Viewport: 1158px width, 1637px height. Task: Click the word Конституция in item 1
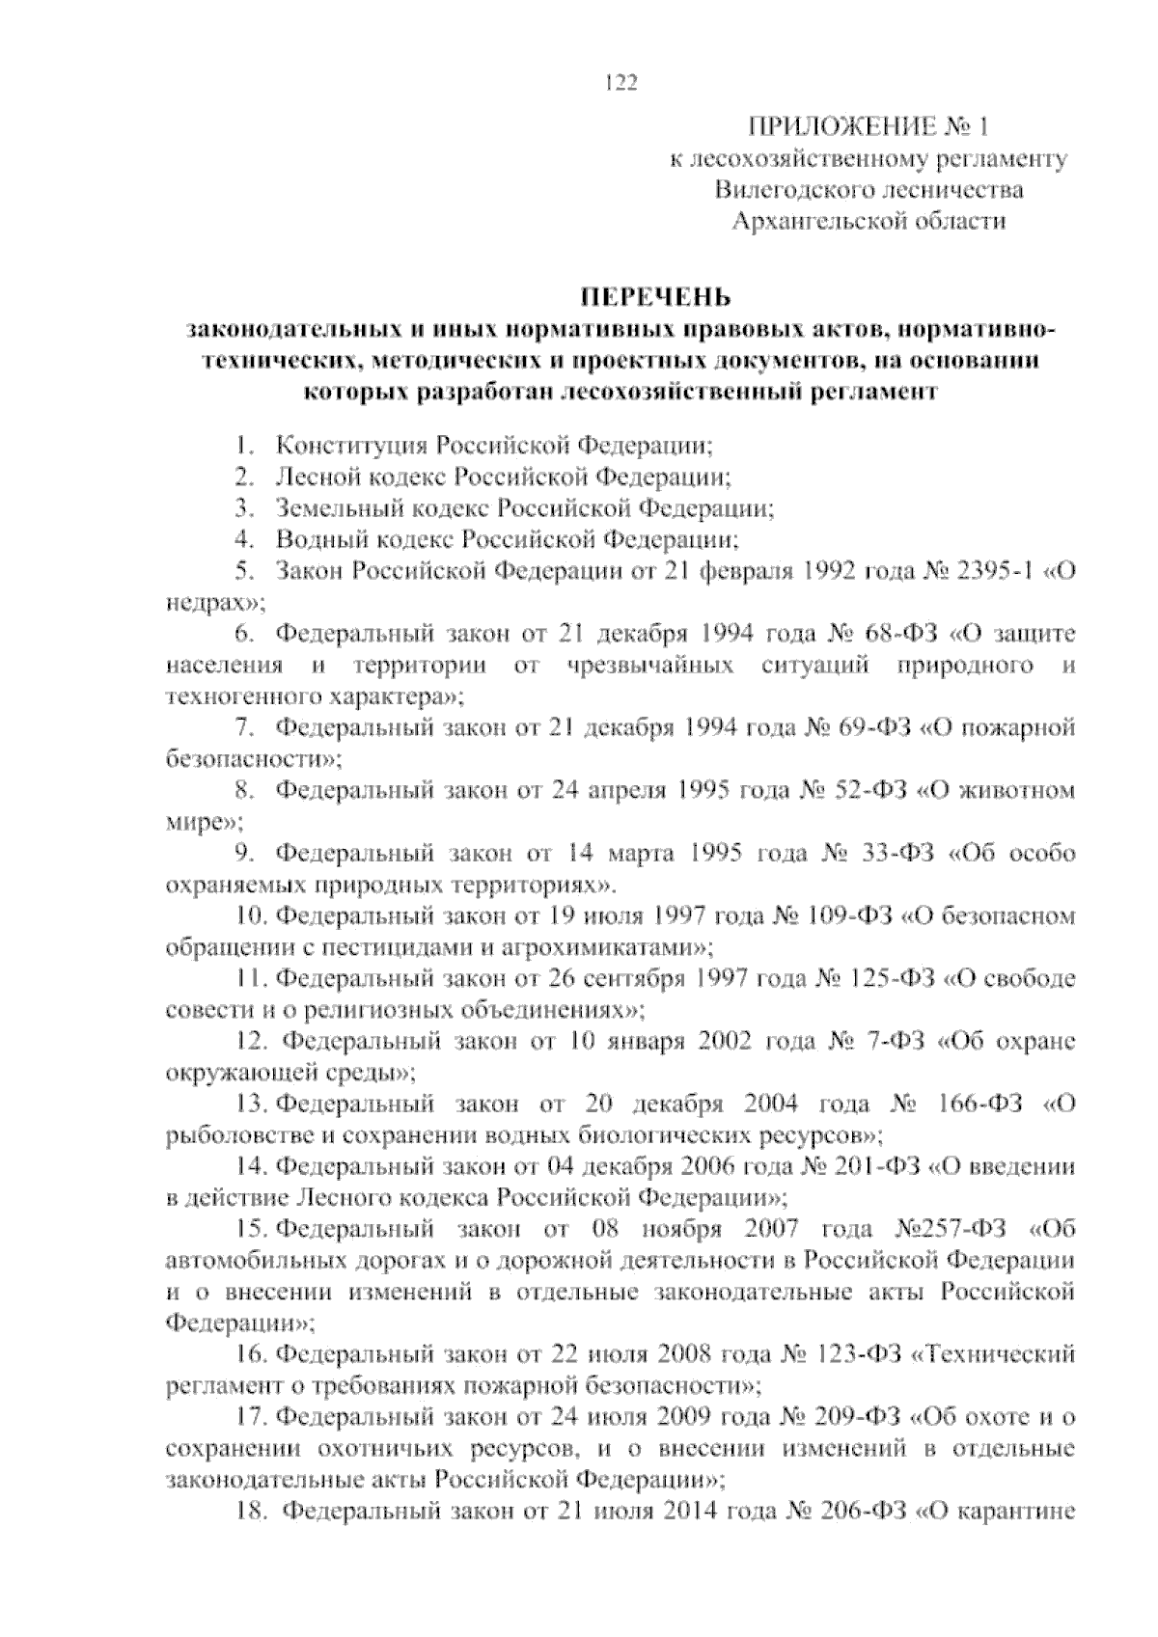[351, 446]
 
